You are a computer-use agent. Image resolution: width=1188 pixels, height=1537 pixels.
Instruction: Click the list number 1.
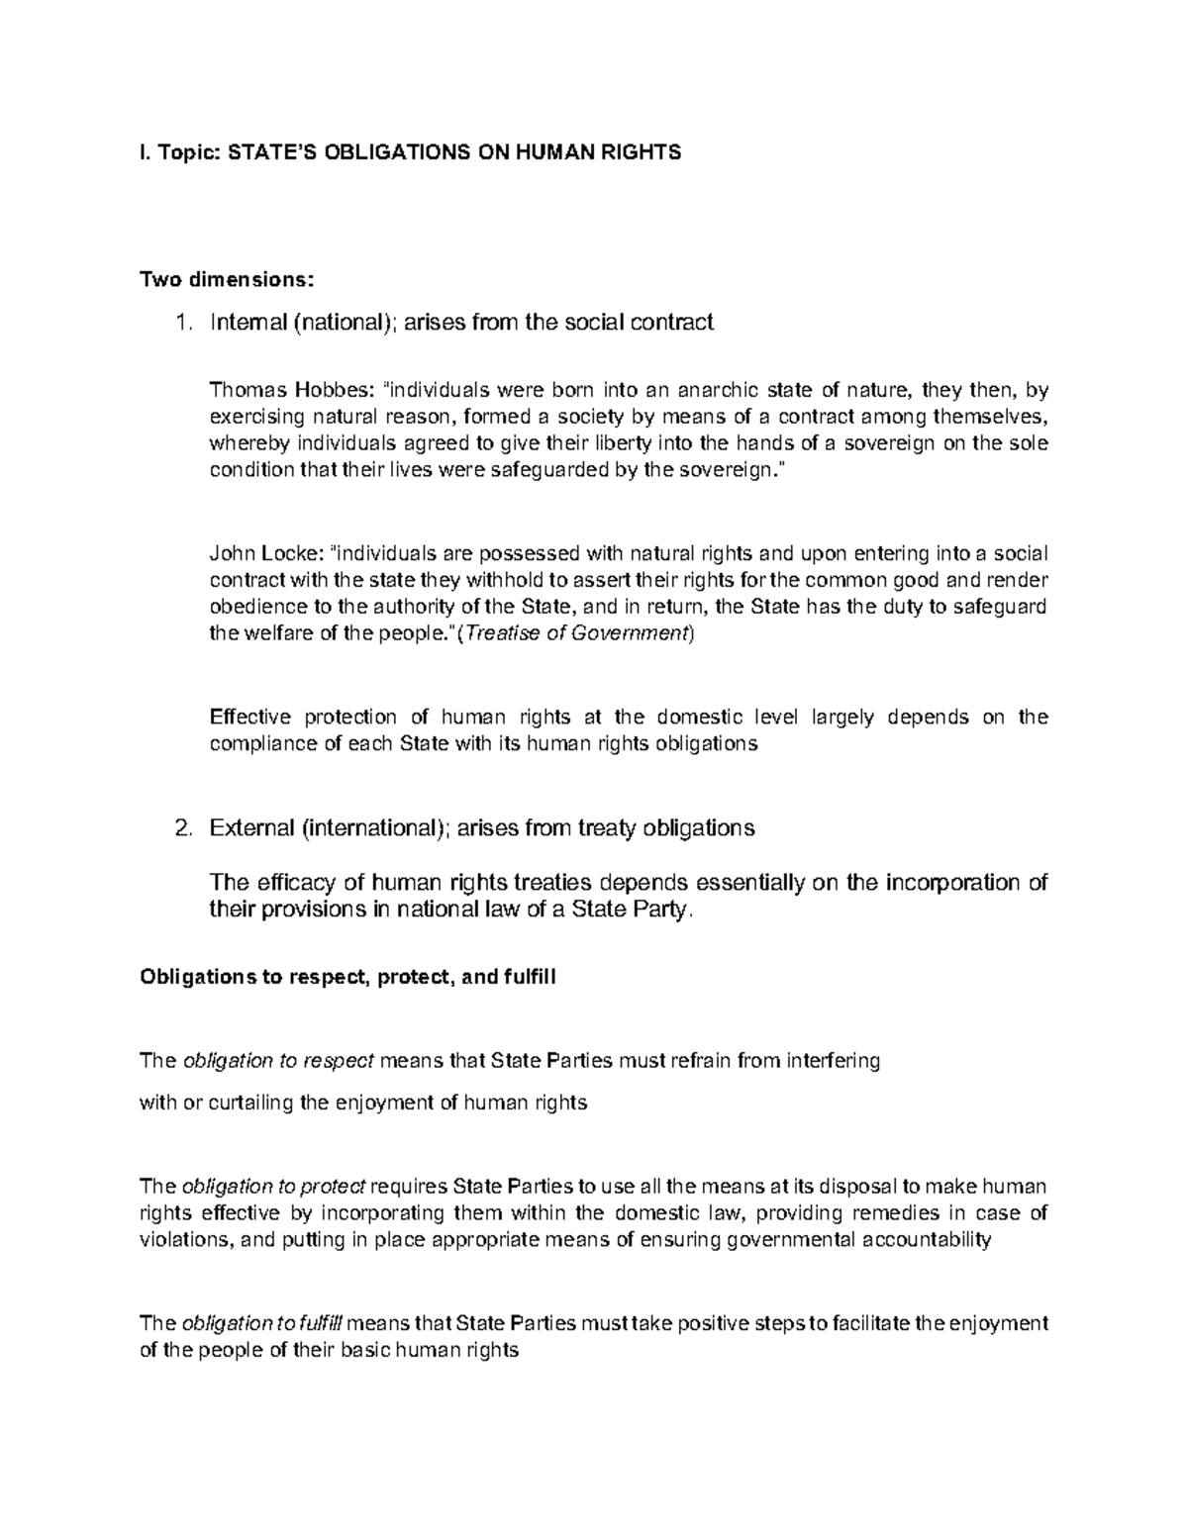click(x=180, y=322)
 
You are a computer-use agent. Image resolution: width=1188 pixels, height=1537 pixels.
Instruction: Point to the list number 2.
click(x=180, y=827)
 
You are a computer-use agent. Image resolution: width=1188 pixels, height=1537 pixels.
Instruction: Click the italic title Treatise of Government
click(x=575, y=634)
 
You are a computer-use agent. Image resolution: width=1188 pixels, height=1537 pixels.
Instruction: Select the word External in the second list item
click(x=251, y=827)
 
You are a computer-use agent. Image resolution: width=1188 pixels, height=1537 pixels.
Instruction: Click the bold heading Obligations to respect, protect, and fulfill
click(x=348, y=978)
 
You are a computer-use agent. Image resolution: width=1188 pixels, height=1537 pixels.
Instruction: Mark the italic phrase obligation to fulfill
click(x=262, y=1323)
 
